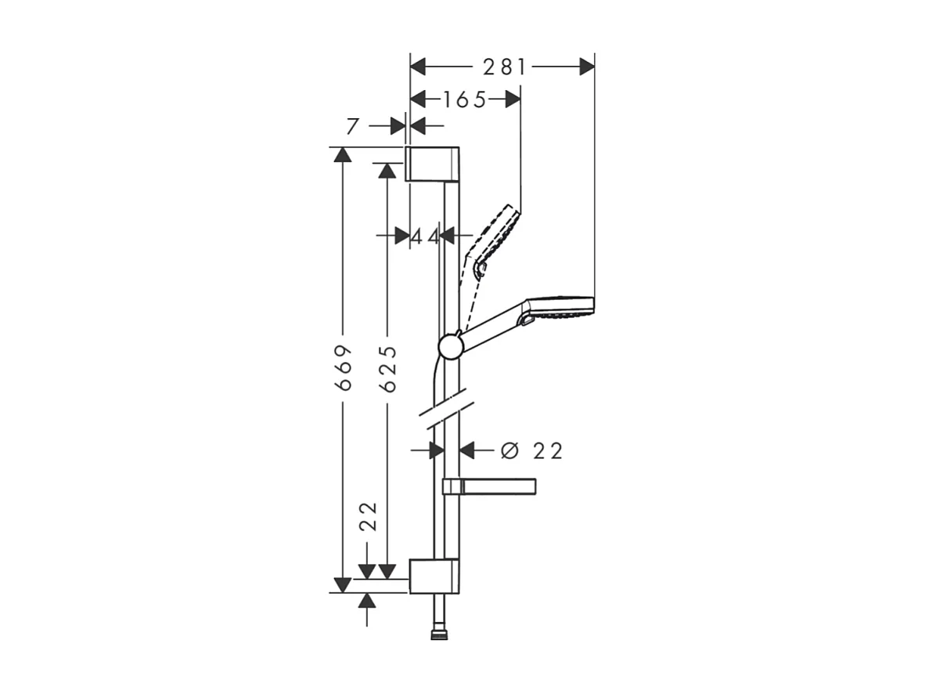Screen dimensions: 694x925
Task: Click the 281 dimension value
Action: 504,67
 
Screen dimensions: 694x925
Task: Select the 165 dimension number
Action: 464,99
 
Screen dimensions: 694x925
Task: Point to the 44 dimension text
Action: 426,236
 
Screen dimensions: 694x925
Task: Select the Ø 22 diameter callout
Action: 532,450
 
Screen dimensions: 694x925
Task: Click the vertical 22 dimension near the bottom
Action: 369,517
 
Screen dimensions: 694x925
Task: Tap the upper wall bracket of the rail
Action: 433,164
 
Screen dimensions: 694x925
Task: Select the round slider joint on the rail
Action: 450,346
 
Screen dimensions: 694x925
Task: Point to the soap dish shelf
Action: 490,487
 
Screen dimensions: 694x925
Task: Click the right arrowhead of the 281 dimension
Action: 587,67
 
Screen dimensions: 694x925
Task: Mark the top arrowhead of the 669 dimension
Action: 342,155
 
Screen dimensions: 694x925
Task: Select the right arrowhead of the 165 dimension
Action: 513,99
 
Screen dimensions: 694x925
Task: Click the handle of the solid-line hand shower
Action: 489,329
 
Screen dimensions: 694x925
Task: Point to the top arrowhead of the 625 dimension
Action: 385,171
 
